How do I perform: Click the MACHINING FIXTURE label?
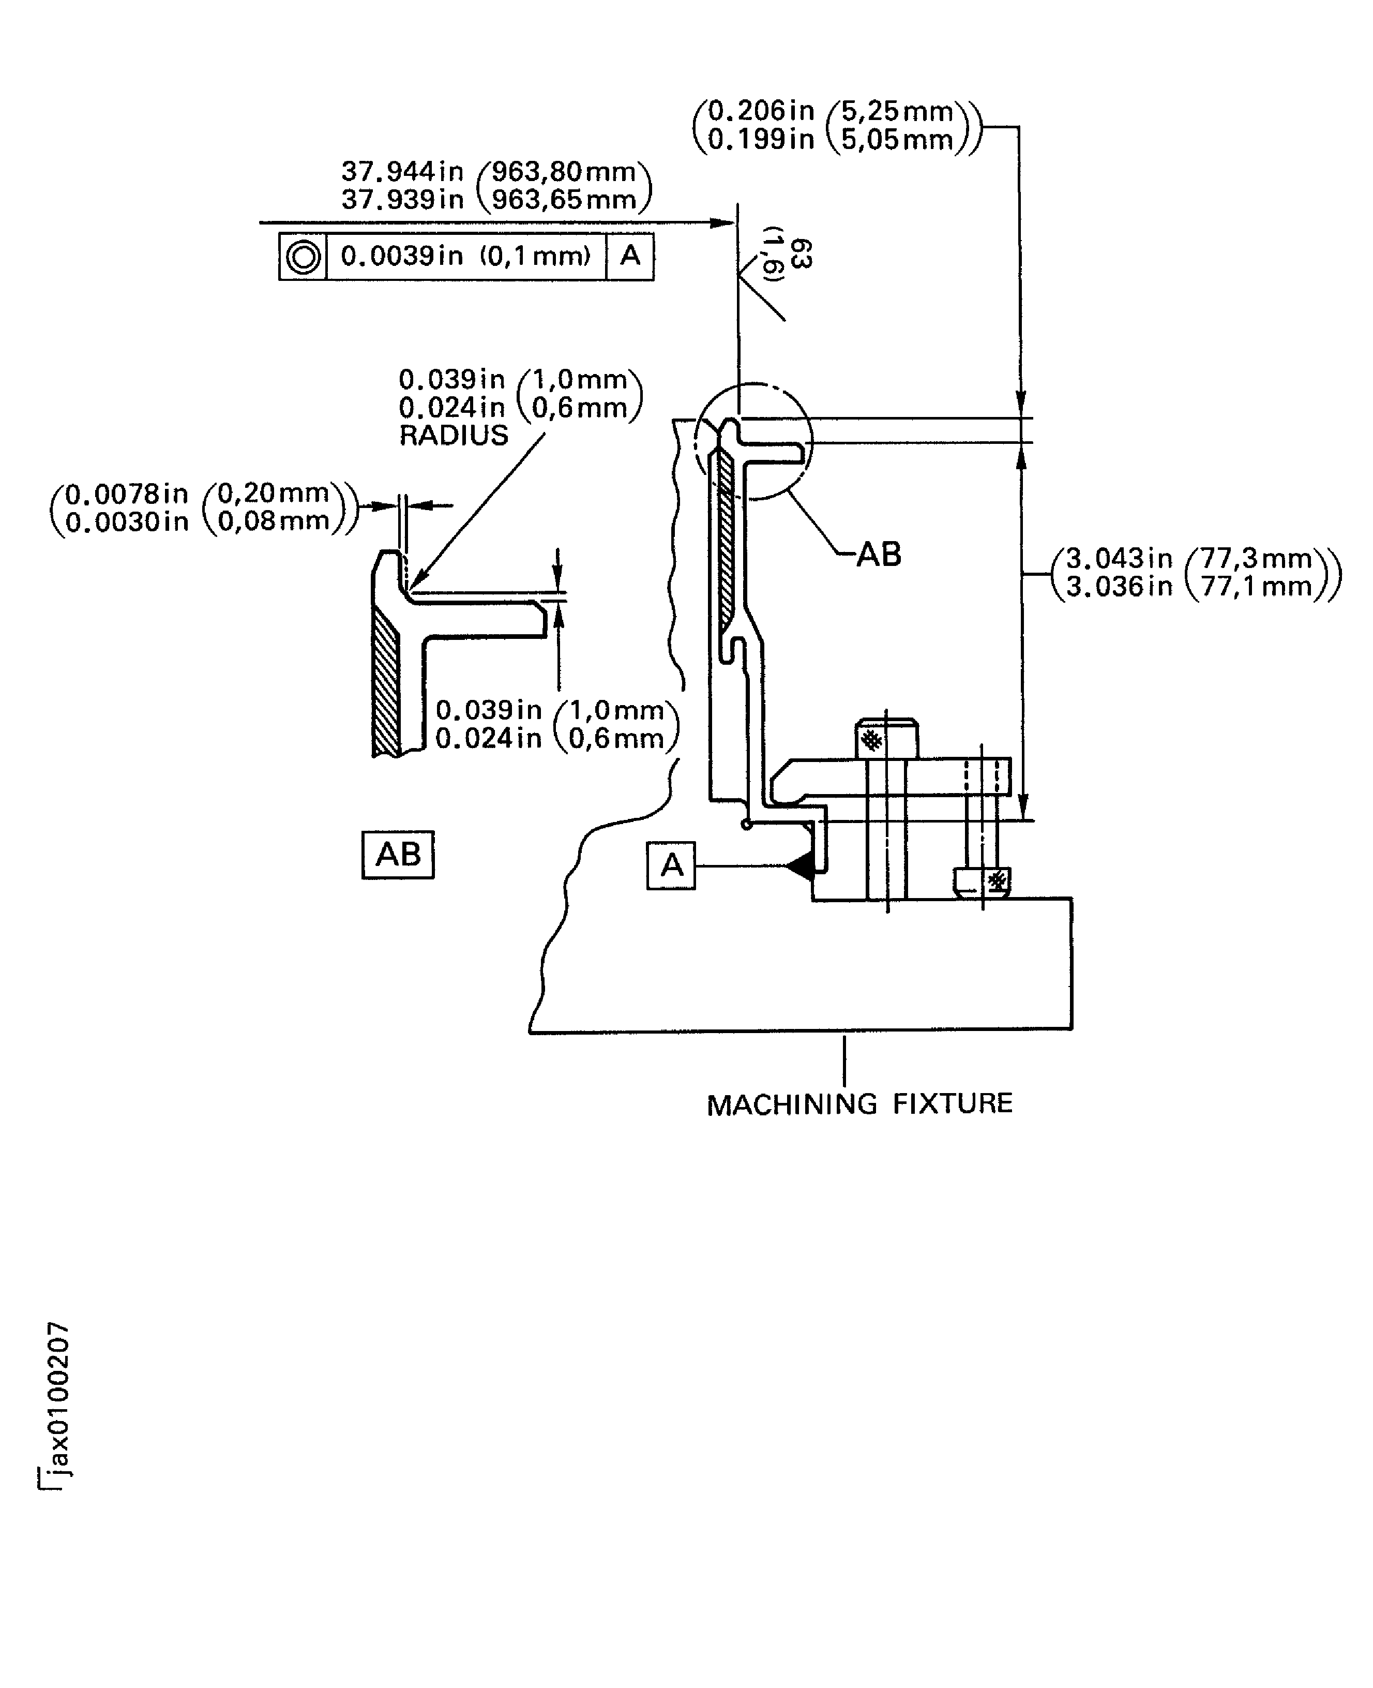click(x=859, y=1104)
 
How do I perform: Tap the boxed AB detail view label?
click(x=398, y=854)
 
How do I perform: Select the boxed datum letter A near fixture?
click(x=671, y=866)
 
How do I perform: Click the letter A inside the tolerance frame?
click(x=630, y=256)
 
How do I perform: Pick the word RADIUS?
click(x=453, y=436)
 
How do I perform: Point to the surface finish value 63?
click(x=801, y=254)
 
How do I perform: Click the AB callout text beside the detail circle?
click(x=879, y=555)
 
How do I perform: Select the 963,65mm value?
click(x=564, y=199)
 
